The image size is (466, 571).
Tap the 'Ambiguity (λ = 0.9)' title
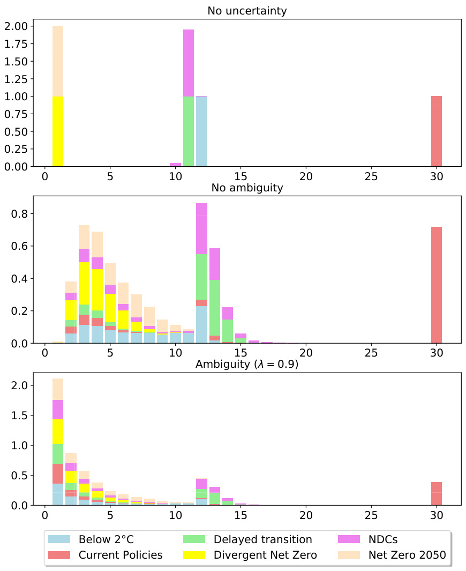246,364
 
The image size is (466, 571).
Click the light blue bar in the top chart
201,131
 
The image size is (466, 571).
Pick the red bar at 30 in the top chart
437,131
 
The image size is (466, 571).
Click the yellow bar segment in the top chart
57,131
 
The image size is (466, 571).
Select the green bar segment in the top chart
189,131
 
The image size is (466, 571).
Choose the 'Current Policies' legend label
121,555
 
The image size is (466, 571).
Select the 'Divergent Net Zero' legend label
265,555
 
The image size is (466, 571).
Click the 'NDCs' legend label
383,539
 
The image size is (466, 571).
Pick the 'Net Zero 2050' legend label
407,555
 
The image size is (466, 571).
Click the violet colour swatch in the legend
349,539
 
